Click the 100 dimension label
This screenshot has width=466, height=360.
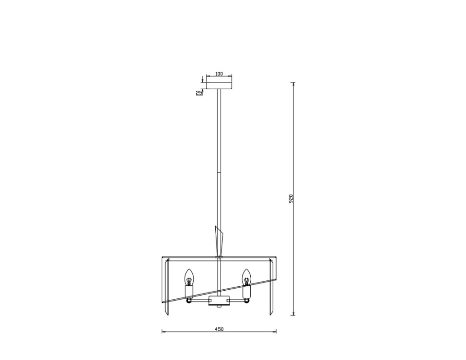[219, 74]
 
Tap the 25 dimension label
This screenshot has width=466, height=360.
[199, 93]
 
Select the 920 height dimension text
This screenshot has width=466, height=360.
[291, 199]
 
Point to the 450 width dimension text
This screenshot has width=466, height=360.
[219, 329]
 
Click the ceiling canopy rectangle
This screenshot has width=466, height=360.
[219, 85]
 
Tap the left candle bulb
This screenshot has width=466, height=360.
[188, 277]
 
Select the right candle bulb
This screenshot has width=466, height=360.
[246, 277]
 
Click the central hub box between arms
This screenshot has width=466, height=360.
[219, 300]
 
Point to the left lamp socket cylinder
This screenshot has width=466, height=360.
[188, 292]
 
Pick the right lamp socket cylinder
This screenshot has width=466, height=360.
[246, 292]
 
